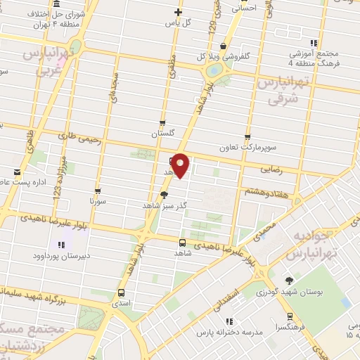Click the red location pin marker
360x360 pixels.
(181, 165)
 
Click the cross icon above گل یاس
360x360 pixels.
(179, 12)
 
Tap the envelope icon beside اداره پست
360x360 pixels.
(17, 172)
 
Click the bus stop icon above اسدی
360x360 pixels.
(122, 292)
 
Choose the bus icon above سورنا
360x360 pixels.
(98, 191)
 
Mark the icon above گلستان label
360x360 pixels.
(163, 122)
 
